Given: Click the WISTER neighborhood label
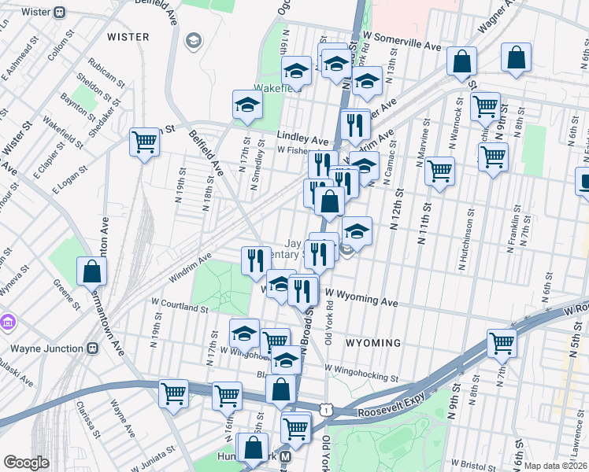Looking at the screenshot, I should [128, 36].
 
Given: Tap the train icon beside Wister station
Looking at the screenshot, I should [61, 12].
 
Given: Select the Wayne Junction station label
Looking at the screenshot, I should [46, 348].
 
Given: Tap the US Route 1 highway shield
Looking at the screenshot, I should [325, 407].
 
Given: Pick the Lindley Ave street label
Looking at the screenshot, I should [302, 137].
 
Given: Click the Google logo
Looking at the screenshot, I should [26, 463].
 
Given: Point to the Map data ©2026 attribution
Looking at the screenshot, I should [554, 466].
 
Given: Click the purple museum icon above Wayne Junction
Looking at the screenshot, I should [9, 322].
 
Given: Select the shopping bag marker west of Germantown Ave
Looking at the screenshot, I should [92, 271].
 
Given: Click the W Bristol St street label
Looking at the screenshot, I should [472, 464].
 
